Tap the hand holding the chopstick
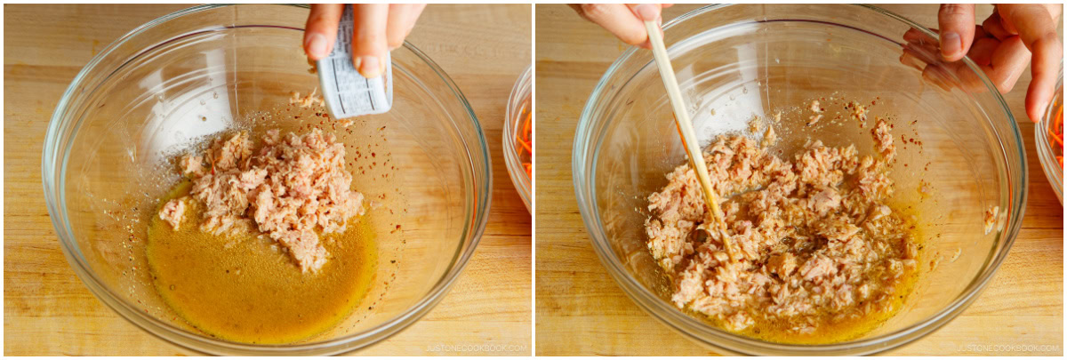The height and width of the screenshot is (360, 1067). tap(622, 18)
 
